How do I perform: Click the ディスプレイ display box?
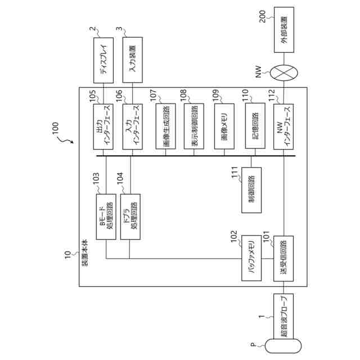tap(103, 60)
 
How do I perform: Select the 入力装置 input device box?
tap(132, 60)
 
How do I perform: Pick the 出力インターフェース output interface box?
tap(103, 127)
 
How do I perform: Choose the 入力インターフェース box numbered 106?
tap(132, 127)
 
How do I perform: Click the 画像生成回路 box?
tap(164, 127)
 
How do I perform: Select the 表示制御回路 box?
tap(193, 127)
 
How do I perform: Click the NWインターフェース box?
tap(283, 127)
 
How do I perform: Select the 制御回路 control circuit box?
tap(251, 191)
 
